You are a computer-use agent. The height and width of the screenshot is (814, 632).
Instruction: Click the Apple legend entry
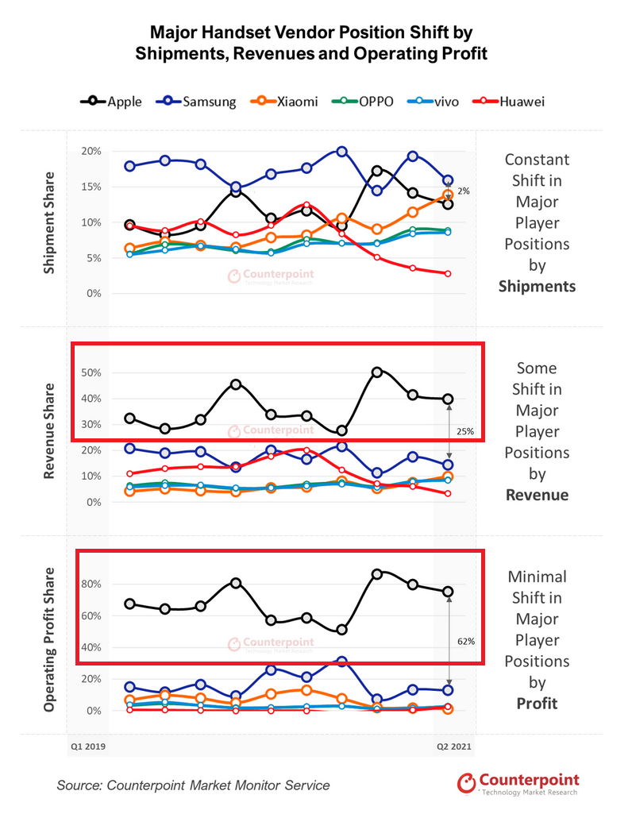(x=111, y=102)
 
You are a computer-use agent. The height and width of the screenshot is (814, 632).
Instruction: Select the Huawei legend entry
(x=512, y=102)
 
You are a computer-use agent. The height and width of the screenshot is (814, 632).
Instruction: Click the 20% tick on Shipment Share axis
(x=91, y=152)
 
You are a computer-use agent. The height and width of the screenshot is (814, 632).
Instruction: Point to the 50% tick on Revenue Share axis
(x=91, y=372)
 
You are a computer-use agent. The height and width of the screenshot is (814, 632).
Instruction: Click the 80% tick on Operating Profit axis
(x=91, y=584)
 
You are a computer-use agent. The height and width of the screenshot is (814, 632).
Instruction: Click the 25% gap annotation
(x=464, y=432)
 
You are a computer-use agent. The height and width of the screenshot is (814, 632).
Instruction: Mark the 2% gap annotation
(x=464, y=191)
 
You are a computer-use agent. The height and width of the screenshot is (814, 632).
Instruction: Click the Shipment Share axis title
(x=50, y=223)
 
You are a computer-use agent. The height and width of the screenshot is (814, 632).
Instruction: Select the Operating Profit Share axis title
(x=50, y=639)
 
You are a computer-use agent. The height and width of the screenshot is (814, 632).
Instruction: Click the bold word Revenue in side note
(x=537, y=495)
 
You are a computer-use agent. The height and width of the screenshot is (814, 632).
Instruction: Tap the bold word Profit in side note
(x=537, y=703)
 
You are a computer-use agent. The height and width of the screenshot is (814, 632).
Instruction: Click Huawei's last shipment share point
(x=449, y=274)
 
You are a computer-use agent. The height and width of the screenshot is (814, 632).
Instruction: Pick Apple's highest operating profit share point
(x=377, y=573)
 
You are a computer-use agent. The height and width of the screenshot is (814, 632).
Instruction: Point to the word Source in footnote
(x=79, y=785)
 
